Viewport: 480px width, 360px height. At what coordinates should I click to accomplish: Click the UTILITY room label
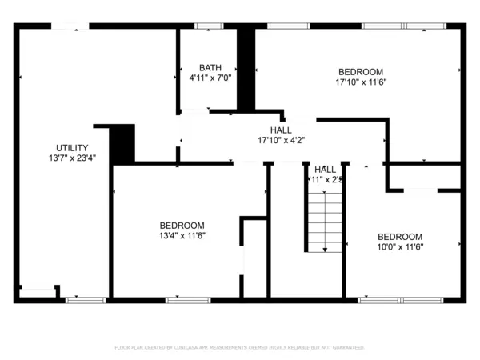[x=72, y=147]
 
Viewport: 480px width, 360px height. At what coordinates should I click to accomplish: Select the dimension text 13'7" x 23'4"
[x=72, y=158]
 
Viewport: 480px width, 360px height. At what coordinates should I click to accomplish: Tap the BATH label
[x=210, y=68]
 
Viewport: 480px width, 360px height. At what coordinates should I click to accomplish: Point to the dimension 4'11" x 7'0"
[x=210, y=78]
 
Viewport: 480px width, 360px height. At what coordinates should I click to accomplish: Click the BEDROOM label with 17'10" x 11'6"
[x=360, y=71]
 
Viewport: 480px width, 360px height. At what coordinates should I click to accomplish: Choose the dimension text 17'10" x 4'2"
[x=281, y=140]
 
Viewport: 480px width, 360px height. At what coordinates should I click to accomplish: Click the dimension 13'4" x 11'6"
[x=182, y=236]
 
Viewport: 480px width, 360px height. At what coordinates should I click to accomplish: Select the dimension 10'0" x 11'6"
[x=399, y=247]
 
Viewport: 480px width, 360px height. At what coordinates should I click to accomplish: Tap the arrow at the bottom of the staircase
[x=326, y=249]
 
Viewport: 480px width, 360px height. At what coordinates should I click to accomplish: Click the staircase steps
[x=326, y=220]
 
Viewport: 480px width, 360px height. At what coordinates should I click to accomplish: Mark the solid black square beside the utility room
[x=122, y=145]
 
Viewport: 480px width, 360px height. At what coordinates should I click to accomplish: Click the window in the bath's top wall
[x=208, y=26]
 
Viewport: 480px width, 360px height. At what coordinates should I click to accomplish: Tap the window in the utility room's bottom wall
[x=86, y=300]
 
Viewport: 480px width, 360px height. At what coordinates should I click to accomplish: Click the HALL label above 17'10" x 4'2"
[x=281, y=130]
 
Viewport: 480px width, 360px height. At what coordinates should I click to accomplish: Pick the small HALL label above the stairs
[x=325, y=170]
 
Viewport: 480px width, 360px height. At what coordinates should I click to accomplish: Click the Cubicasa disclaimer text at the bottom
[x=240, y=348]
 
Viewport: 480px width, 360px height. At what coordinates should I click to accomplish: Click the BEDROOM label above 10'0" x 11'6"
[x=399, y=237]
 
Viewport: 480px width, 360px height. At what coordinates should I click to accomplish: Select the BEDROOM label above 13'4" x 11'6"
[x=182, y=226]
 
